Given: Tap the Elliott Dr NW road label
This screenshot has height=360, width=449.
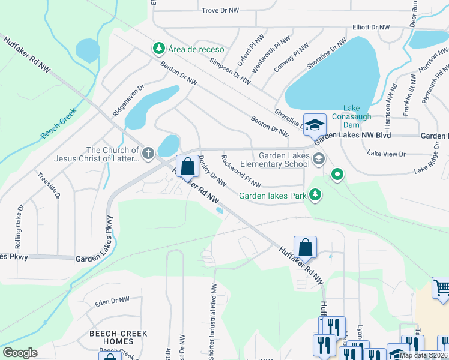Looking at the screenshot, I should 372,28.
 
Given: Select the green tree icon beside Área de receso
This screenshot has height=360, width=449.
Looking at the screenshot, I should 158,47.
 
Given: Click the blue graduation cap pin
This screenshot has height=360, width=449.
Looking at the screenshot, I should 314,125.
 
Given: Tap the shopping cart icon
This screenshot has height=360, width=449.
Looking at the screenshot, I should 442,287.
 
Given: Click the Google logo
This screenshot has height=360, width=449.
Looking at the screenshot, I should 20,352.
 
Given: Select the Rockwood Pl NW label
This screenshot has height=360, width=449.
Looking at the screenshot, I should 241,171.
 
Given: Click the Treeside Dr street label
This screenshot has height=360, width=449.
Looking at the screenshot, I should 57,187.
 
